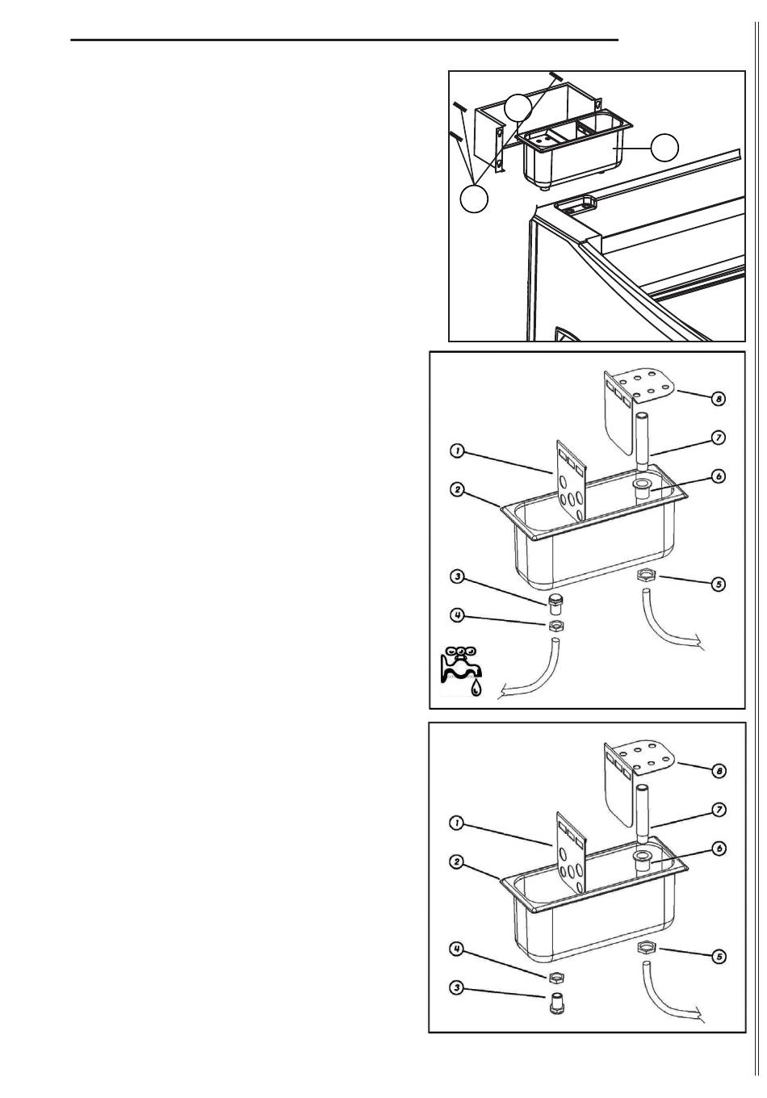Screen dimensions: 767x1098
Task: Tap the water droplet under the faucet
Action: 476,688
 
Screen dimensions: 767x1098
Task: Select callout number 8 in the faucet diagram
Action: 718,399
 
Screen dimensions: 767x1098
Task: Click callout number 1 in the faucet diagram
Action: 457,451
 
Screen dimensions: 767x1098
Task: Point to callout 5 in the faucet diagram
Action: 718,584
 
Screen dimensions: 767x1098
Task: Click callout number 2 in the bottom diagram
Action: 457,861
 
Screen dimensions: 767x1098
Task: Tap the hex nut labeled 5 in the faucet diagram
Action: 645,575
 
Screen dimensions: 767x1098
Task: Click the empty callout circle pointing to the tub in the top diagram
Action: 664,147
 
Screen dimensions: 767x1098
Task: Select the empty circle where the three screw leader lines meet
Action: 474,199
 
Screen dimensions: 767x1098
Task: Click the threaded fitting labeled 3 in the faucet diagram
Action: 555,606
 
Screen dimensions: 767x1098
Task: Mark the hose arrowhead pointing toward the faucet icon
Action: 502,692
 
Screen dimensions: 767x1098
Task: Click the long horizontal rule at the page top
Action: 344,40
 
